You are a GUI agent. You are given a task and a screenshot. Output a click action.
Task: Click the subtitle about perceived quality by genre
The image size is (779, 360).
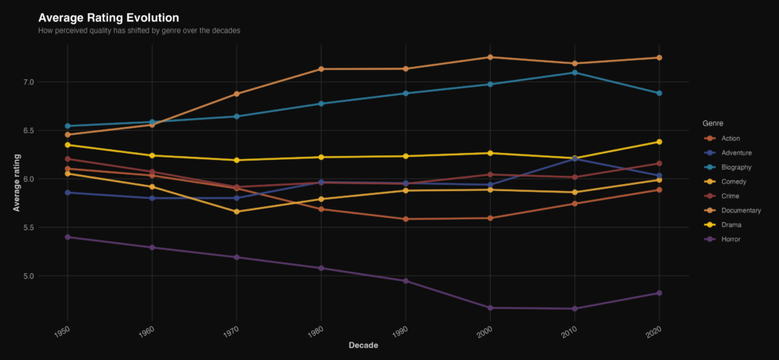[x=139, y=30]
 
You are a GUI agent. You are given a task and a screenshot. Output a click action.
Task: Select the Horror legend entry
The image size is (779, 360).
[x=731, y=239]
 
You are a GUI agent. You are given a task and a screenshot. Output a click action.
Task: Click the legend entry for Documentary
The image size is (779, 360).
[x=736, y=210]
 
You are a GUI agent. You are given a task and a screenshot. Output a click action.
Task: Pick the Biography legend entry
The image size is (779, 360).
[x=734, y=167]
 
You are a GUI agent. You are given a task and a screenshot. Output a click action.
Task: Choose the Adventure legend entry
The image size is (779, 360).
[x=735, y=152]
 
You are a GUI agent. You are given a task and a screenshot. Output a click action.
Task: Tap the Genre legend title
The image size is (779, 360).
[x=713, y=123]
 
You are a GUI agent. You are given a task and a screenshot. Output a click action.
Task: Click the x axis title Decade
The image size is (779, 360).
[x=363, y=346]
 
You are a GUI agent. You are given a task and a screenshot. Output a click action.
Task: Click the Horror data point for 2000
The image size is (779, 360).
[x=490, y=307]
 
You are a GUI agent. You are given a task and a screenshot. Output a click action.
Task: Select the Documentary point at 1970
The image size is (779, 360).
[x=237, y=94]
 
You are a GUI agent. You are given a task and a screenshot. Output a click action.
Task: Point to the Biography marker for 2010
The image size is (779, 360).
[x=574, y=72]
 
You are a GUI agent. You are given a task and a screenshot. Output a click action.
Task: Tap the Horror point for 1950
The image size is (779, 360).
[x=68, y=237]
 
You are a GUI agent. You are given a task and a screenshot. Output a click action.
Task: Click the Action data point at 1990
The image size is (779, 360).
[x=405, y=219]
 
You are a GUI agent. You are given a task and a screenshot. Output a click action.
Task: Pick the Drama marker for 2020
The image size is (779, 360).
[x=659, y=142]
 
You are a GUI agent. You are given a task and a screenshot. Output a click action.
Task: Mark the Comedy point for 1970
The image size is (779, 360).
[x=237, y=212]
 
